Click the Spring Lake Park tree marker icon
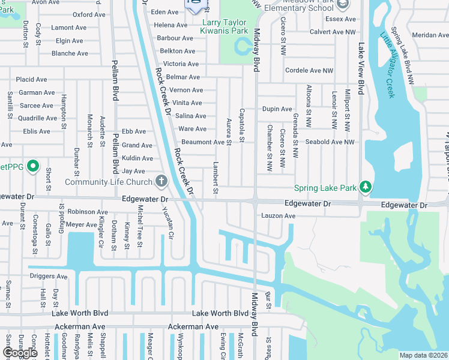(x=364, y=187)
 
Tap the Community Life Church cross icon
(x=161, y=181)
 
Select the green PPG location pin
(x=33, y=166)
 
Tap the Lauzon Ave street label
(x=278, y=216)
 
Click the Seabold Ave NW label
(x=330, y=142)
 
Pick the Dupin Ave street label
(x=277, y=109)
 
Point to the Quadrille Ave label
(x=37, y=118)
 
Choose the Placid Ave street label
(x=31, y=79)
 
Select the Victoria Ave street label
(x=181, y=64)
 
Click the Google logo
(x=20, y=353)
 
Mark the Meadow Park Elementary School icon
(x=343, y=5)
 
